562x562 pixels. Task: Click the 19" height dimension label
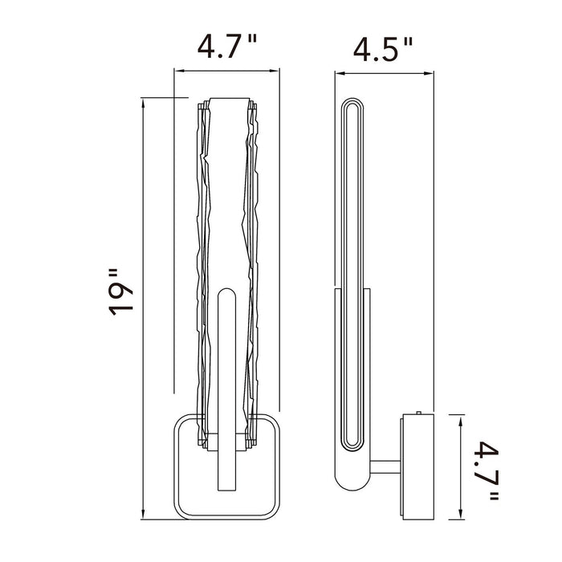click(121, 291)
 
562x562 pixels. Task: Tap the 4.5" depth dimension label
click(383, 49)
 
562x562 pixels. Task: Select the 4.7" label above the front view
click(227, 47)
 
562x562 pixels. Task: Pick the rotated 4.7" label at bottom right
click(487, 471)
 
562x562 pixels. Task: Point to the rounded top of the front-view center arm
click(227, 291)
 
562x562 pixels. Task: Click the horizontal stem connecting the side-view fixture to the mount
click(385, 466)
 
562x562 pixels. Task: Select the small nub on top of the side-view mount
click(418, 412)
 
